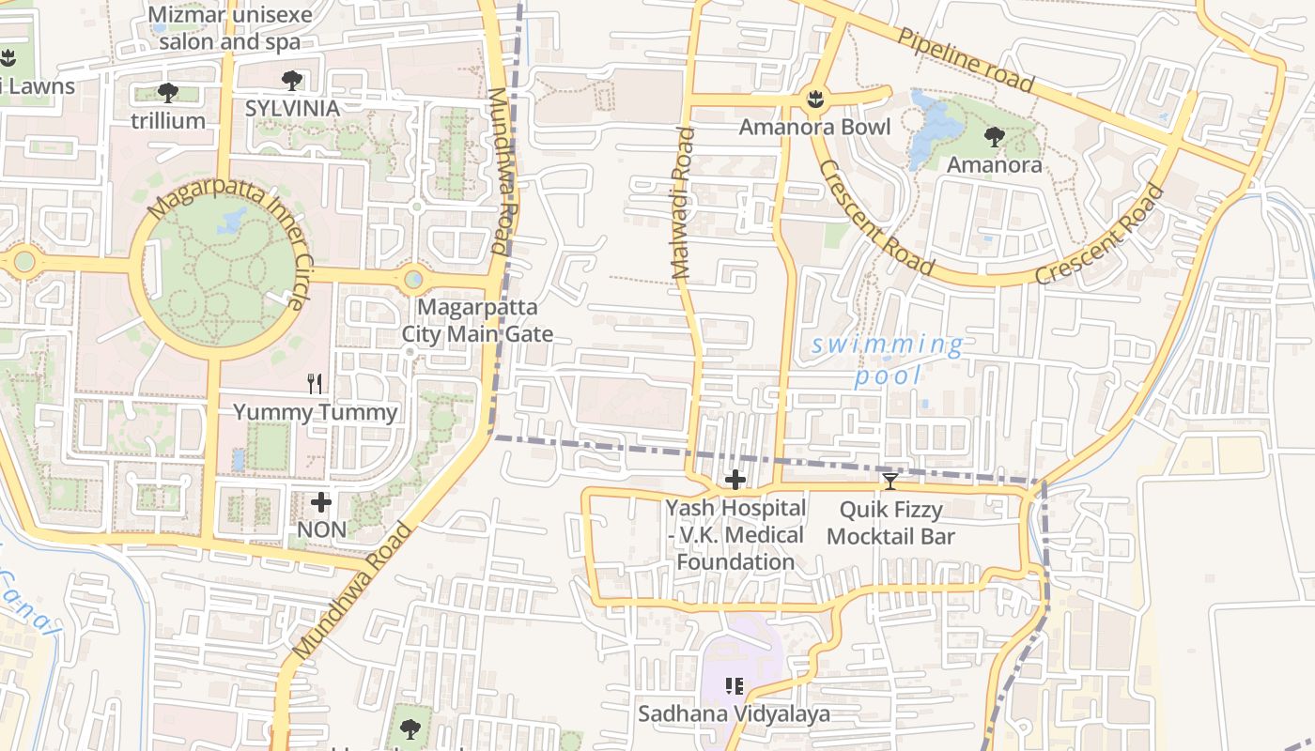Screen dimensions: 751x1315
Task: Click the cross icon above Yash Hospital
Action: tap(735, 481)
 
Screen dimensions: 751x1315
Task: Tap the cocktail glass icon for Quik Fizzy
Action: tap(890, 482)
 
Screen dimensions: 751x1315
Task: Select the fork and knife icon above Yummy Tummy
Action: tap(316, 383)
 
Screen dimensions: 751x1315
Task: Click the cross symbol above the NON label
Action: tap(321, 502)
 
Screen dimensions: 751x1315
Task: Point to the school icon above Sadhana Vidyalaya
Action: tap(735, 686)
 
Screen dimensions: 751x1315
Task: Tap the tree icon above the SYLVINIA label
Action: tap(292, 80)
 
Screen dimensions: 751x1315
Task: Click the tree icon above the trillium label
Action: tap(168, 92)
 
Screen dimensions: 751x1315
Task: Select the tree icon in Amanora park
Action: tap(994, 138)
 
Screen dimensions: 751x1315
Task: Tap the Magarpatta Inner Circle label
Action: tap(228, 246)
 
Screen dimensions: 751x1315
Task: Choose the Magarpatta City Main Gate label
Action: tap(477, 320)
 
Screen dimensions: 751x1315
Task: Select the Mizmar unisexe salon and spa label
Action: tap(230, 28)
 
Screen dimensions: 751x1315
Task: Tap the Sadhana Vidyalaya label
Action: tap(735, 714)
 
